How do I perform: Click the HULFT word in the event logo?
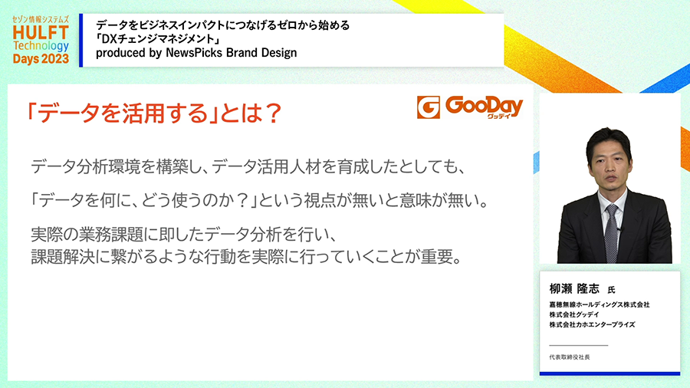(41, 32)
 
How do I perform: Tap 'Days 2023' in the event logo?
(41, 59)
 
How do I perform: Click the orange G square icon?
(428, 107)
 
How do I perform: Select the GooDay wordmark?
(484, 107)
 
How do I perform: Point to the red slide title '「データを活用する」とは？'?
(153, 113)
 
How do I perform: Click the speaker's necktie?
(612, 233)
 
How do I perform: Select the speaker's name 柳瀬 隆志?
(574, 288)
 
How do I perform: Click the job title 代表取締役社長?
(570, 357)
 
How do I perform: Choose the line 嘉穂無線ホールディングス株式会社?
(600, 304)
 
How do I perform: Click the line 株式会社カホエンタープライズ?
(592, 324)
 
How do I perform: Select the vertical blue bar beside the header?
(81, 41)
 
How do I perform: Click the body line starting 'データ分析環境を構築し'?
(248, 167)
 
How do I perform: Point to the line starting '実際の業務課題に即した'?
(184, 235)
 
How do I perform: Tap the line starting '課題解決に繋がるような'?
(247, 257)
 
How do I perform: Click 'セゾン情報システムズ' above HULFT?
(41, 20)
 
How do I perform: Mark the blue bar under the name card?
(610, 373)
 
